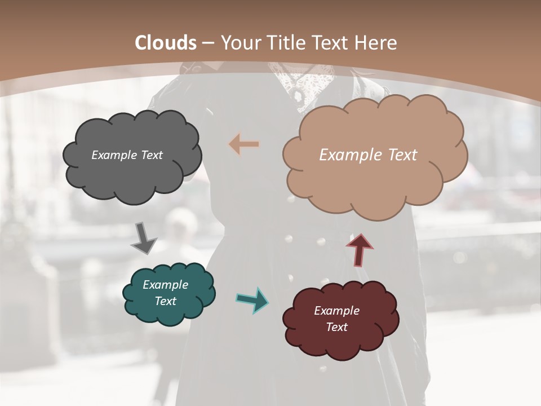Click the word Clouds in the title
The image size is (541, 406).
166,43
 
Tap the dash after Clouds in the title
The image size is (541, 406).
208,43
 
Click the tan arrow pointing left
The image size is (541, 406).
244,144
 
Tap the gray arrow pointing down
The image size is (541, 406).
143,239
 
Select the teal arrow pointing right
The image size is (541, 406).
252,299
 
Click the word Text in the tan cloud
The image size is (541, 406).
400,155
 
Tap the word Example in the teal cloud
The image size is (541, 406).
165,285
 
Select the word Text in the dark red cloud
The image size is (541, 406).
336,327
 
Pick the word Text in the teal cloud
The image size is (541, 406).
165,301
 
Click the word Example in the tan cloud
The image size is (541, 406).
349,155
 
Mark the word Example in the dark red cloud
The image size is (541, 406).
336,311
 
